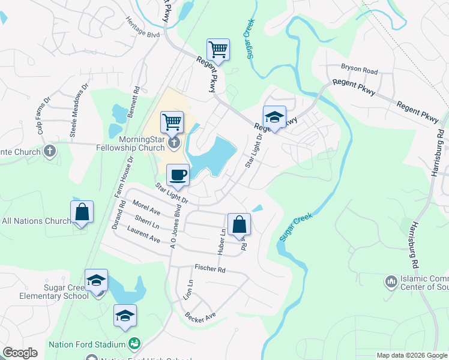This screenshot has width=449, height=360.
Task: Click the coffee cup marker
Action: pos(177,175)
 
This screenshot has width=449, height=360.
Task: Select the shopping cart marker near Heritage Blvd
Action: pos(218,49)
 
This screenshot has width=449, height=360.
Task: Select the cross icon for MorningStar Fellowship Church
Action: pos(174,142)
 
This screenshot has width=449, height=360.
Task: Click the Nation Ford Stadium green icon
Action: pos(135,343)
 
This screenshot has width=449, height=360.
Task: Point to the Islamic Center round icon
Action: pos(391,281)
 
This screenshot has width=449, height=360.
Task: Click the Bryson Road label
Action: pos(359,71)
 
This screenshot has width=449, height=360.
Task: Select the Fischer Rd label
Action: pos(209,269)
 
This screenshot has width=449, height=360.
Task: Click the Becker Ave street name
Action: pos(200,316)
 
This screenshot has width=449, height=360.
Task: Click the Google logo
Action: pos(20,353)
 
